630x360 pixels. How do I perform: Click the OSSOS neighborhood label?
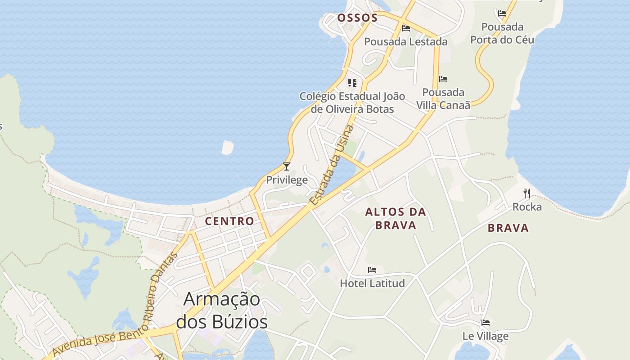[357, 18]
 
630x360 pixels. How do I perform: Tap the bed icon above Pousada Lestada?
[406, 28]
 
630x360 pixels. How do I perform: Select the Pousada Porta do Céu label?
[502, 33]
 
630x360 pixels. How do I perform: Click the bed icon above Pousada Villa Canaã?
[443, 79]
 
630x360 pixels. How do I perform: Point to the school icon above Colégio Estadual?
[352, 83]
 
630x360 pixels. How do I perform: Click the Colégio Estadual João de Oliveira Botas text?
[352, 103]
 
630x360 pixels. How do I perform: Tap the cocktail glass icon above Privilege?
[287, 166]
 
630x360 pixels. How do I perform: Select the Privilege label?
[287, 180]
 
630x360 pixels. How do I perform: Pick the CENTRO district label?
[229, 221]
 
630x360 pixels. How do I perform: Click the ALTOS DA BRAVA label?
[396, 218]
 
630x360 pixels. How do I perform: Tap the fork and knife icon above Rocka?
[527, 193]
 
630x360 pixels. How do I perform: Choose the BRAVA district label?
[508, 228]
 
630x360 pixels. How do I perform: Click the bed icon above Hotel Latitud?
[372, 270]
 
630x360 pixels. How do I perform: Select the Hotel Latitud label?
[372, 283]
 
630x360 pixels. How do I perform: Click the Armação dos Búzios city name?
[222, 310]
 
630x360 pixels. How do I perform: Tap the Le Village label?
[486, 336]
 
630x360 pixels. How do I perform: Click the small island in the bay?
[228, 147]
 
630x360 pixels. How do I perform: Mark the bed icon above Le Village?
[486, 323]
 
